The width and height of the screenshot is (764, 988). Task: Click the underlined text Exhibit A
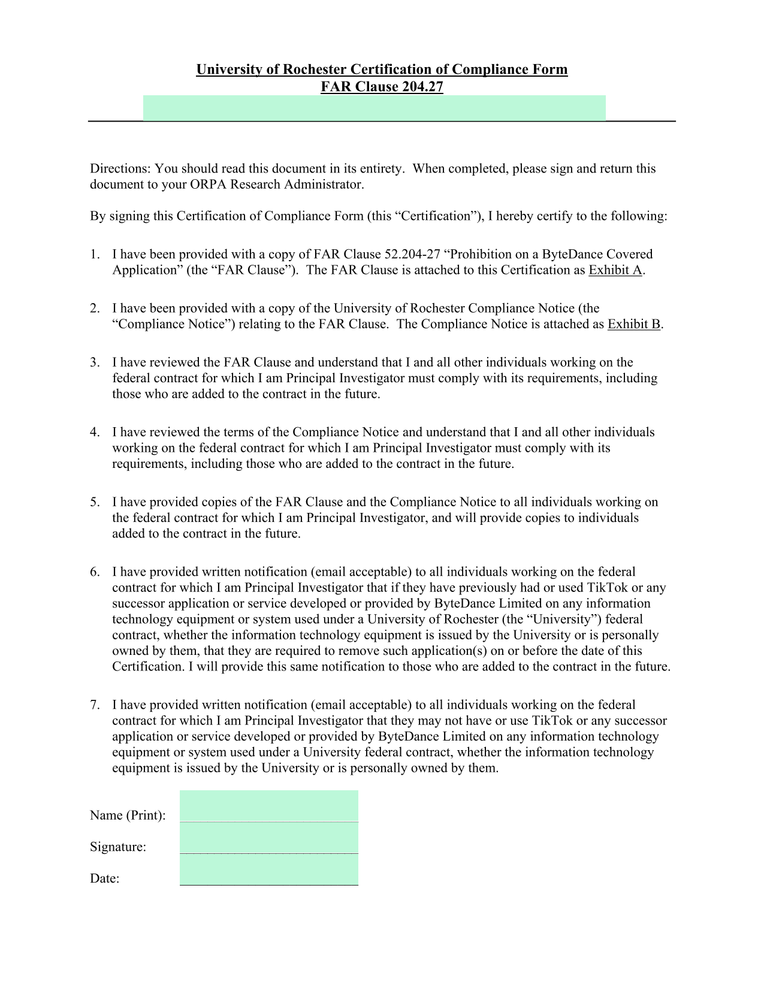615,270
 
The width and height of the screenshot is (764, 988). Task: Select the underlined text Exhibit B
634,324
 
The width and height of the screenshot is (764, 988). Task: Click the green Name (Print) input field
268,806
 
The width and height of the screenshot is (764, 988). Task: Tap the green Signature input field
268,838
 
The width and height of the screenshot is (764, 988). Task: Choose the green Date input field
268,869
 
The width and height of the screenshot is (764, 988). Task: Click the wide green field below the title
374,108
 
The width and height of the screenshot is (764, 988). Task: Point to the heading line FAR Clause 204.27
382,87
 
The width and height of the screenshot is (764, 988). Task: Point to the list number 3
95,362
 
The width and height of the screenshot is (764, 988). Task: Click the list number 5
95,502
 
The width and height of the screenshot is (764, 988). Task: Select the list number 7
95,705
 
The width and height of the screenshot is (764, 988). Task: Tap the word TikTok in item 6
607,588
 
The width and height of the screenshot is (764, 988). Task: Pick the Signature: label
118,847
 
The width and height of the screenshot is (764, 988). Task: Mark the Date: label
105,879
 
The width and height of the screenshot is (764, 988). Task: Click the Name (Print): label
128,815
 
